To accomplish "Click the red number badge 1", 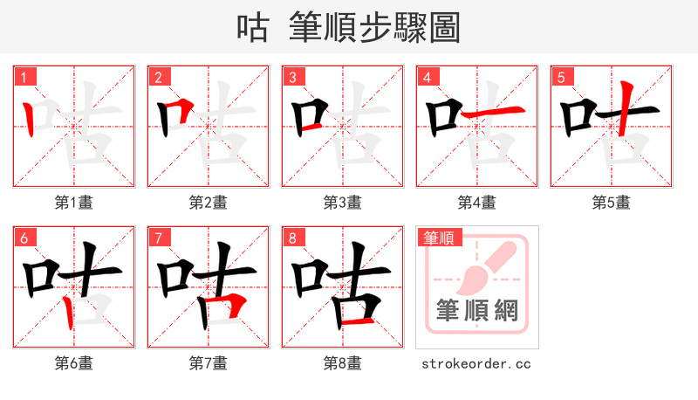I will pos(23,77).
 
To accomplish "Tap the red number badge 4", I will pos(426,77).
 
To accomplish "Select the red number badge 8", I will pos(291,238).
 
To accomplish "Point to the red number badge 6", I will pos(23,238).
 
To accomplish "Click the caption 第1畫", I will pos(73,203).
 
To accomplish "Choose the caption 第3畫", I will pos(342,203).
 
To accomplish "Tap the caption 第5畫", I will pos(611,203).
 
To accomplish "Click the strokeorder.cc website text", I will pos(476,363).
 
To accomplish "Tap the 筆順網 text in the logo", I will pos(476,309).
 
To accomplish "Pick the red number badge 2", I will pos(157,77).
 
